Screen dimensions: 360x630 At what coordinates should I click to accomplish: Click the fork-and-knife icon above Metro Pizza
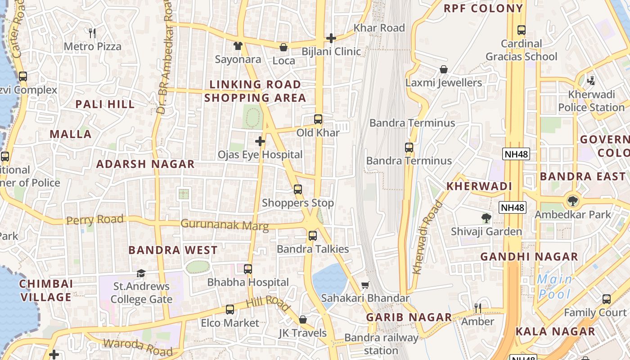coord(92,33)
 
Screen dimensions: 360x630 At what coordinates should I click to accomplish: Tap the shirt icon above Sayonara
coord(238,46)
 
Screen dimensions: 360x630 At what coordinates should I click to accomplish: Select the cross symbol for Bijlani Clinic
coord(331,38)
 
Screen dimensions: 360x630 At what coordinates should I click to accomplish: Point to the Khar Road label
coord(379,28)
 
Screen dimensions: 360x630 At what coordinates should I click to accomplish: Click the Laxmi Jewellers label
coord(443,83)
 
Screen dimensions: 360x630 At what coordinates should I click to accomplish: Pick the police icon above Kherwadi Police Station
coord(591,81)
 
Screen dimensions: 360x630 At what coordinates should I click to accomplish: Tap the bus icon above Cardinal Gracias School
coord(521,30)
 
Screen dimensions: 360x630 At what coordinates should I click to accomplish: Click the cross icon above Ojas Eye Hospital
coord(260,142)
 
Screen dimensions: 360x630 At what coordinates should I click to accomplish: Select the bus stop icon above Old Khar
coord(318,119)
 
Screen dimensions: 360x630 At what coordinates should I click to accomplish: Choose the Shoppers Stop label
coord(298,203)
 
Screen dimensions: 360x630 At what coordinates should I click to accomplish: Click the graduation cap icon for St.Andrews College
coord(141,274)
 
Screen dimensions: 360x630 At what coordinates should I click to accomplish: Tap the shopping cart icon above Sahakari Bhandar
coord(365,285)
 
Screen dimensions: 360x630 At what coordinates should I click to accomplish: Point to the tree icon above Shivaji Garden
coord(486,219)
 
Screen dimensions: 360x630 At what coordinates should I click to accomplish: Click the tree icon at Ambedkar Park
coord(572,201)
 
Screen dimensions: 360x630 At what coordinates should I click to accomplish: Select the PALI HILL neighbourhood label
coord(105,104)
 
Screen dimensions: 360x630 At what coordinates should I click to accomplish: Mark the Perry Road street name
coord(94,220)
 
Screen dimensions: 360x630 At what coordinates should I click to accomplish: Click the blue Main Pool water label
coord(554,287)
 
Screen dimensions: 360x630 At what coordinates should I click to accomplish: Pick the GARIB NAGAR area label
coord(409,317)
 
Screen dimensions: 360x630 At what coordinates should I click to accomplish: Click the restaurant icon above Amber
coord(478,308)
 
